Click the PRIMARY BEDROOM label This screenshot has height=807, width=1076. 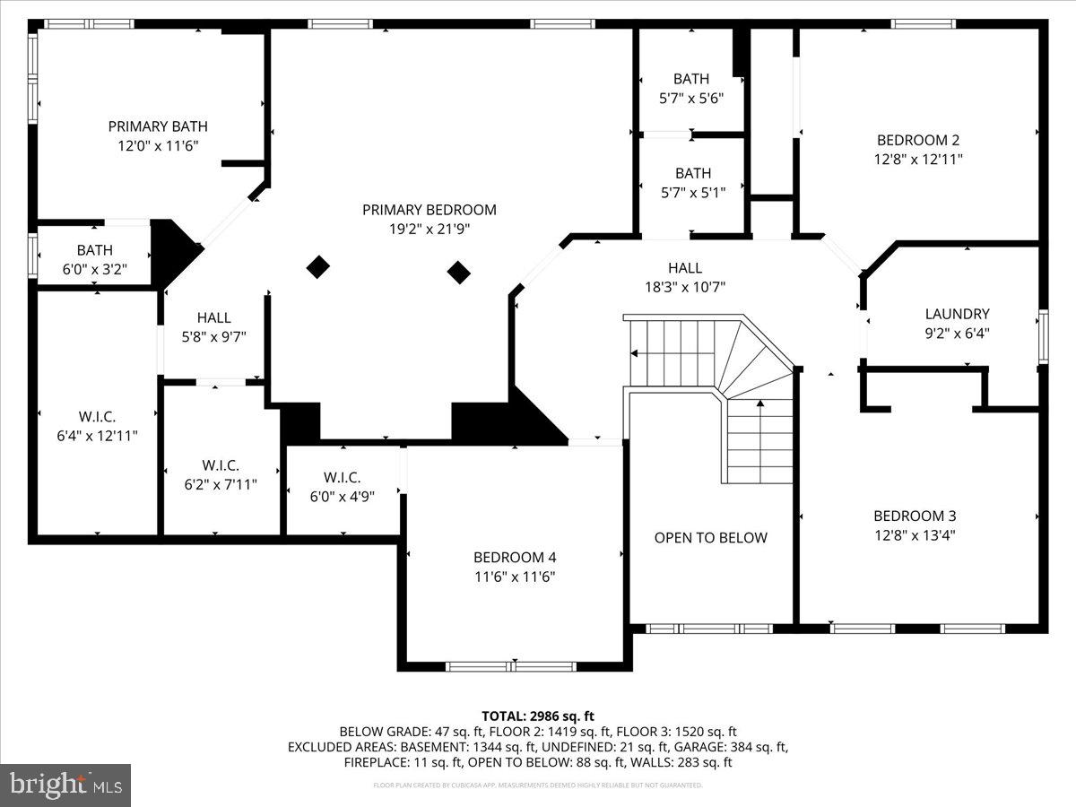429,210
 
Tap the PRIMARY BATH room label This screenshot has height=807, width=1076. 158,126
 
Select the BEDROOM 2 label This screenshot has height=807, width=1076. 918,140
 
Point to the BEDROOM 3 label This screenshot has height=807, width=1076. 915,516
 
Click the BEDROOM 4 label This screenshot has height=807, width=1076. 516,557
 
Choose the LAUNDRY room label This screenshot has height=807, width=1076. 957,314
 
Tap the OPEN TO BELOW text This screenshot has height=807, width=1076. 710,538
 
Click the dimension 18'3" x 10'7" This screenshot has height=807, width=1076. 684,287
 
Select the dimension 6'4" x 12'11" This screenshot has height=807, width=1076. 97,436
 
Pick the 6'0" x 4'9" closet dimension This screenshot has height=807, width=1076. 342,496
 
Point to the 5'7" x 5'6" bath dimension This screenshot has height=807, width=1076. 691,98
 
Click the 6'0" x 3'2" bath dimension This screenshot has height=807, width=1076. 94,268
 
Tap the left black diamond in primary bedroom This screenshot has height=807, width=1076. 318,266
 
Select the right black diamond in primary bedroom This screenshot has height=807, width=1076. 459,272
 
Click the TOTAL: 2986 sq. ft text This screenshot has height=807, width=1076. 538,716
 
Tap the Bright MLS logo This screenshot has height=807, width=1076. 65,785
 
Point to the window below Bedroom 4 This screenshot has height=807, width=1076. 511,666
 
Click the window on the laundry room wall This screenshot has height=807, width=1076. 1043,336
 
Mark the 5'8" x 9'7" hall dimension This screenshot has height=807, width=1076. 213,336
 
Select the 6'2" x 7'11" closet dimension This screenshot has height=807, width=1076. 220,484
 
